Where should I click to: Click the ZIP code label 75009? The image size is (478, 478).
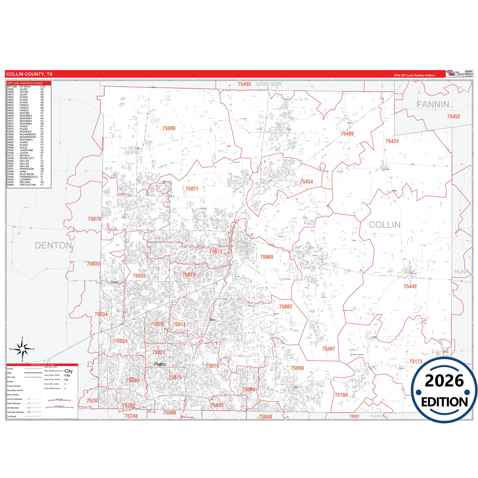click(169, 128)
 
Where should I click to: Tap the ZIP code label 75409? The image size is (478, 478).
click(347, 134)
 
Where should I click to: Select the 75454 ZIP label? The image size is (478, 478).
click(306, 182)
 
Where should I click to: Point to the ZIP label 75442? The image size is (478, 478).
click(410, 286)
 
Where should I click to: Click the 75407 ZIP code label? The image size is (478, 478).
click(328, 349)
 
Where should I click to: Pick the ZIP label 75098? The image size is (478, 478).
click(297, 368)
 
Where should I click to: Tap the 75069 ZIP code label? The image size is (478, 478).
click(267, 257)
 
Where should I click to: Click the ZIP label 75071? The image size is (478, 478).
click(192, 189)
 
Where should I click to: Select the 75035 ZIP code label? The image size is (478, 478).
click(139, 276)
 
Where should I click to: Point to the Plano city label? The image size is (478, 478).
click(160, 364)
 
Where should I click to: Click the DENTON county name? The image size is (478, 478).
click(53, 245)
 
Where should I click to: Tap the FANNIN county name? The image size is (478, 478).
click(433, 105)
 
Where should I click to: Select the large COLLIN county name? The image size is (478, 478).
click(384, 225)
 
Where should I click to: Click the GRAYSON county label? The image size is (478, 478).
click(269, 84)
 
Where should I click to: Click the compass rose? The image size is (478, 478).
click(22, 349)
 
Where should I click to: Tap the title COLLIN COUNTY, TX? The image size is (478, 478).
click(29, 74)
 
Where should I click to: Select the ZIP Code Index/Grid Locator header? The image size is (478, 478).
click(25, 83)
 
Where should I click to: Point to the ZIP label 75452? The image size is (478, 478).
click(454, 116)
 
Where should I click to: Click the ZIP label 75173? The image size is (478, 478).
click(415, 362)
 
